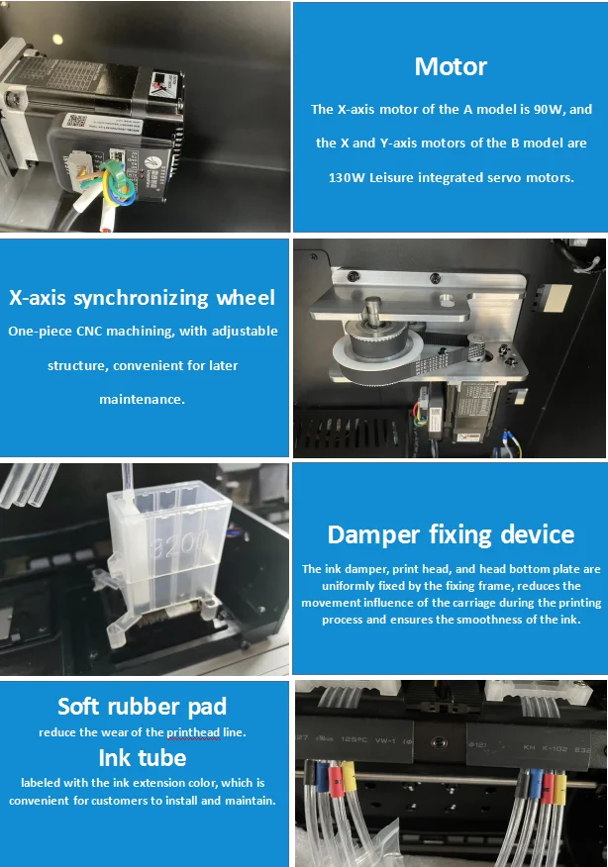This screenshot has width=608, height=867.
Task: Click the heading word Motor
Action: [x=451, y=66]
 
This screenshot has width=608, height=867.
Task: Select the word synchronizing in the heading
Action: [x=142, y=299]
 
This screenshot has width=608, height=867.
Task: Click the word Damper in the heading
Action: [x=373, y=535]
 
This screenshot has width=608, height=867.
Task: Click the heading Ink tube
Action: [x=143, y=757]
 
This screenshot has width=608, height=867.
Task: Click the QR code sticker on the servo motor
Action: [x=77, y=120]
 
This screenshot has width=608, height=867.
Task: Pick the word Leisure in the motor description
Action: [x=391, y=177]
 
